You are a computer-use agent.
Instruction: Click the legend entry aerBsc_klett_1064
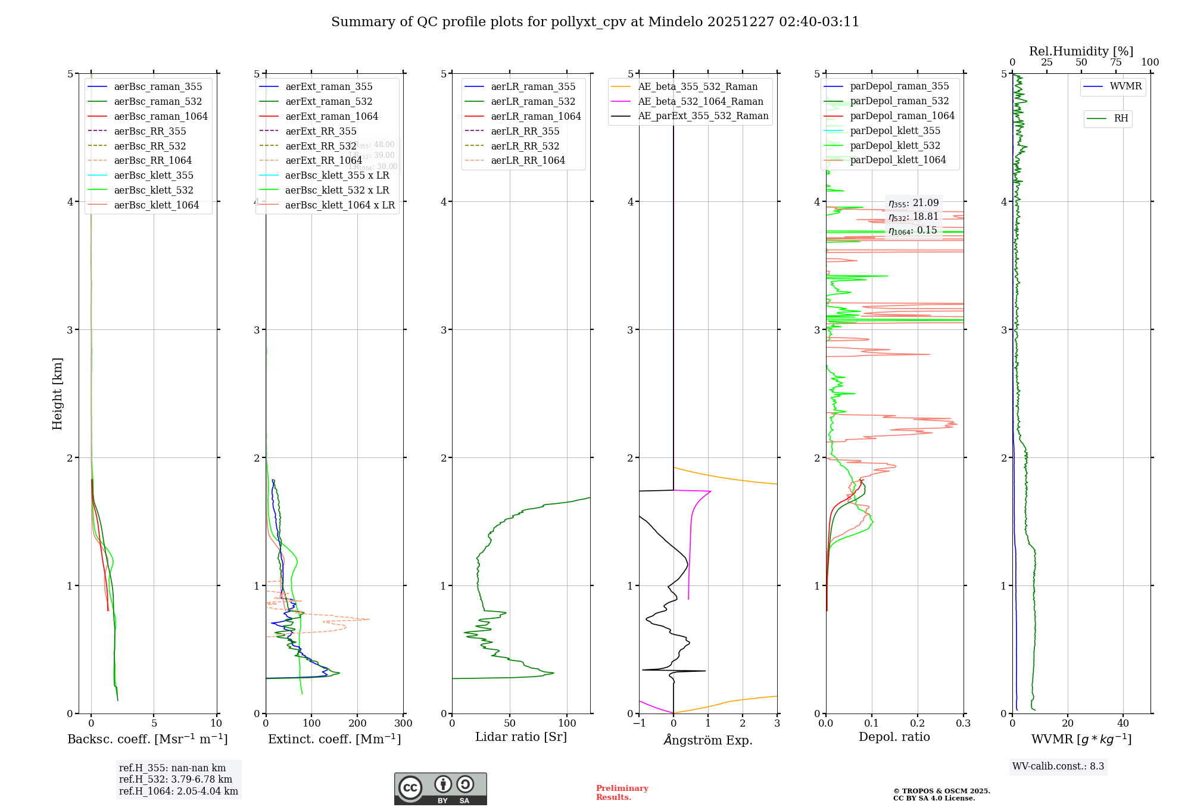[x=156, y=205]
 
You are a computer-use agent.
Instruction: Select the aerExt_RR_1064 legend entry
[x=323, y=161]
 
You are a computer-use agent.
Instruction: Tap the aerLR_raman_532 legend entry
[x=533, y=102]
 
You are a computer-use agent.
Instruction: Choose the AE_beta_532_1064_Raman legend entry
[x=700, y=102]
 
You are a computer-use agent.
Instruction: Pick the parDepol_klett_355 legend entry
[x=895, y=131]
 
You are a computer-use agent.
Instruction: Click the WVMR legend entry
[x=1125, y=86]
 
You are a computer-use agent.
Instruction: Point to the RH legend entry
[x=1121, y=119]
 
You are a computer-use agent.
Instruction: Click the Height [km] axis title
[x=57, y=394]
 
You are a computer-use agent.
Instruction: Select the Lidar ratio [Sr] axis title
[x=521, y=737]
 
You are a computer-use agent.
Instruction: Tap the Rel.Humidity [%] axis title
[x=1081, y=51]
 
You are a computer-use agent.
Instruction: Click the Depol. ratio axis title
[x=894, y=737]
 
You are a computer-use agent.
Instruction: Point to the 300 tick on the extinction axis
[x=404, y=724]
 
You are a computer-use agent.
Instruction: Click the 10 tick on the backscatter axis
[x=216, y=724]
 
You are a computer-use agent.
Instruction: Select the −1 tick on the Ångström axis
[x=639, y=724]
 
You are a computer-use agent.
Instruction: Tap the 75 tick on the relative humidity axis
[x=1115, y=63]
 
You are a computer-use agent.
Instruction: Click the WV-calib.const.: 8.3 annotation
[x=1058, y=767]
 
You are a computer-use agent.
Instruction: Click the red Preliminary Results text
[x=622, y=793]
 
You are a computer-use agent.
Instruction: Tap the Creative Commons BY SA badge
[x=440, y=789]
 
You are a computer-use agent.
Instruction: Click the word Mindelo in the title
[x=675, y=22]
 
